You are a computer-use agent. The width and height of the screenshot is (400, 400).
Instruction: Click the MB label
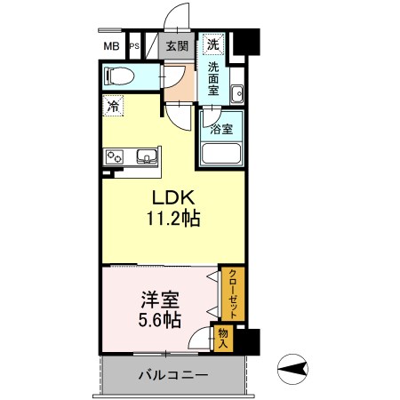tap(111, 46)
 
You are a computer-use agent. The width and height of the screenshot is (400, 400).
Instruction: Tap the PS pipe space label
tap(134, 46)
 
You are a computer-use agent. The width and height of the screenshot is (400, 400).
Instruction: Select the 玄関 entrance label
tap(177, 46)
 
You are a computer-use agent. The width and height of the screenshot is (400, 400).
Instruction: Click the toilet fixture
tap(118, 76)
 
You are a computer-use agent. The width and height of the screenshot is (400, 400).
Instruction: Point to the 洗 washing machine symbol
tap(212, 44)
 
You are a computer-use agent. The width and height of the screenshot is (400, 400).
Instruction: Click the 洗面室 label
tap(213, 78)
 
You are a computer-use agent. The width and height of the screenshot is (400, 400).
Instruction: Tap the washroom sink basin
tap(237, 94)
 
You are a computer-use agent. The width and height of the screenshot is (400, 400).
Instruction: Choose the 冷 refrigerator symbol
tap(113, 106)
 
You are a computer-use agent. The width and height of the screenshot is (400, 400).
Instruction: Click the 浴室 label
tap(221, 130)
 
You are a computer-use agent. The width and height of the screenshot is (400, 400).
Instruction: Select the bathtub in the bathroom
tap(221, 154)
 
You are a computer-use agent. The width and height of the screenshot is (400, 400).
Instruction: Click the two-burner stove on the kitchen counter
tap(115, 157)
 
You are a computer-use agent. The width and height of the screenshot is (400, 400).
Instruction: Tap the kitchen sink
tap(147, 156)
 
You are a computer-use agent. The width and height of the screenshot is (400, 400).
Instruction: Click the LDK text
tap(173, 197)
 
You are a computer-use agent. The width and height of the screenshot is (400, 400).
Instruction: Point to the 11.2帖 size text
tap(173, 219)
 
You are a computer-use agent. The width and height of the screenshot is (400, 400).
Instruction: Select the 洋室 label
tap(160, 300)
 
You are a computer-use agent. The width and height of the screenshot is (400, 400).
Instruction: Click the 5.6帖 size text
tap(160, 320)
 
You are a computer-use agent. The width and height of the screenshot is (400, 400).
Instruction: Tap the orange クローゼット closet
tap(233, 293)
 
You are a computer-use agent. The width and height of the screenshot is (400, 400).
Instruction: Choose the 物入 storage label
tap(223, 339)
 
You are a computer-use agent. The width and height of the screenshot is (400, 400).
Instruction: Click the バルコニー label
tap(173, 375)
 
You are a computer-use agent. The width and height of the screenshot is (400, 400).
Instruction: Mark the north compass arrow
tap(292, 369)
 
